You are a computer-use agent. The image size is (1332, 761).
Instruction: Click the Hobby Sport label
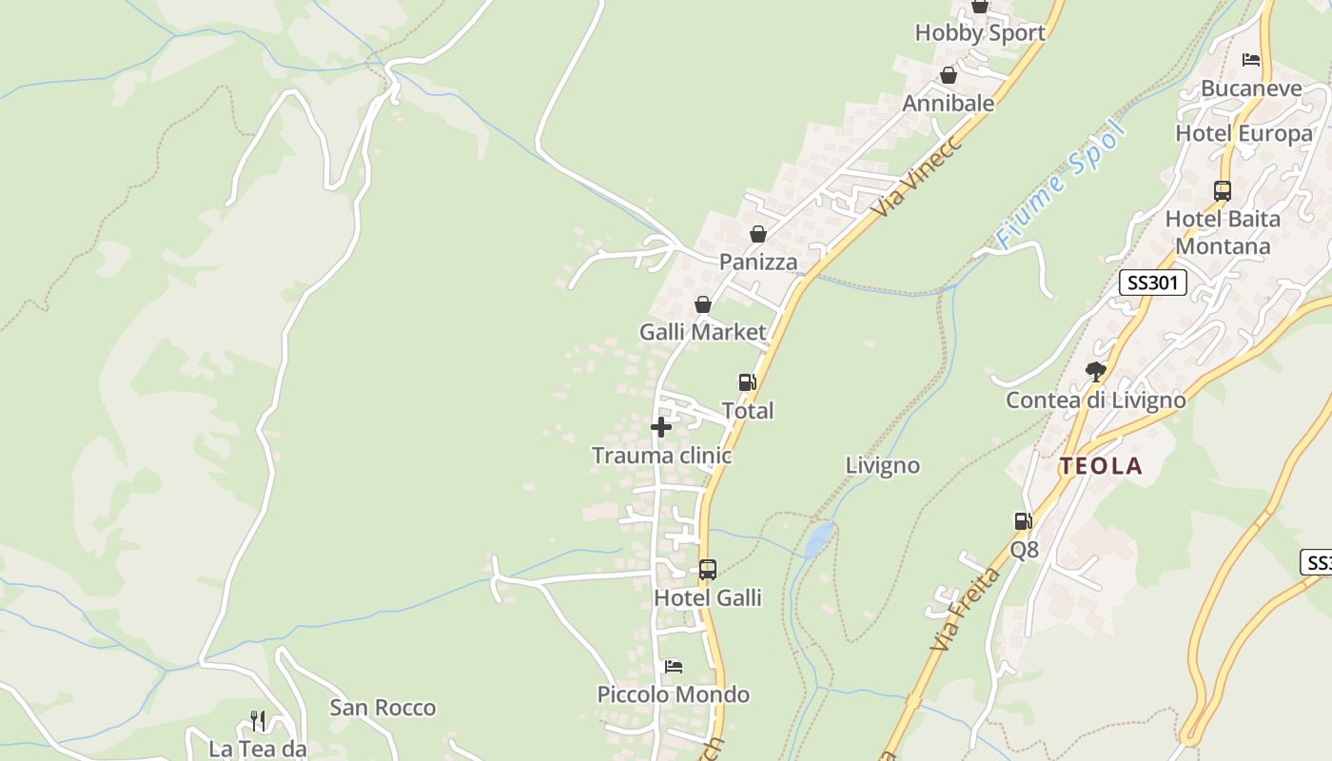click(979, 32)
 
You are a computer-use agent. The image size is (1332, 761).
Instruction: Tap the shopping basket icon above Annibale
click(949, 75)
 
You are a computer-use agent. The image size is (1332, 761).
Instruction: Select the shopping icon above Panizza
click(758, 233)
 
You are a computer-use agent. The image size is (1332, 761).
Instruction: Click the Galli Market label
click(702, 332)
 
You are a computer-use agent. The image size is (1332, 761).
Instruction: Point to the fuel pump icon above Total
click(748, 382)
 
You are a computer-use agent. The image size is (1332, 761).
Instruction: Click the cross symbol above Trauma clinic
click(661, 427)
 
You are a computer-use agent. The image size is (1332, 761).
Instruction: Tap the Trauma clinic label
click(661, 456)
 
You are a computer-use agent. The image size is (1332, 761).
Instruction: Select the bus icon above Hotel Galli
click(708, 570)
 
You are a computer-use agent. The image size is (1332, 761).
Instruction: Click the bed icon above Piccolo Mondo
click(674, 666)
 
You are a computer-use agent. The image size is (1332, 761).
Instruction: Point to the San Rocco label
click(382, 708)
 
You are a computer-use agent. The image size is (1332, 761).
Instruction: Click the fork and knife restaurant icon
click(257, 720)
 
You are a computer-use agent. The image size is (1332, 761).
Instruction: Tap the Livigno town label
click(882, 465)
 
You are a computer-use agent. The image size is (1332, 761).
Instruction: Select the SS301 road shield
click(1152, 283)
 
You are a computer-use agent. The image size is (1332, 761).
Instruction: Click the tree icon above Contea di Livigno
click(1096, 371)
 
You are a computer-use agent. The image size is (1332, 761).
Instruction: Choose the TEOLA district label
click(1101, 466)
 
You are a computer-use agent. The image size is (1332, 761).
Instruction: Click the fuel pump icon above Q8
click(1024, 521)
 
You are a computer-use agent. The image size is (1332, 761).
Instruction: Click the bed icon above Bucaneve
click(1251, 60)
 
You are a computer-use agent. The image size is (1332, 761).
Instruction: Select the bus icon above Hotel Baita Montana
click(1223, 190)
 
